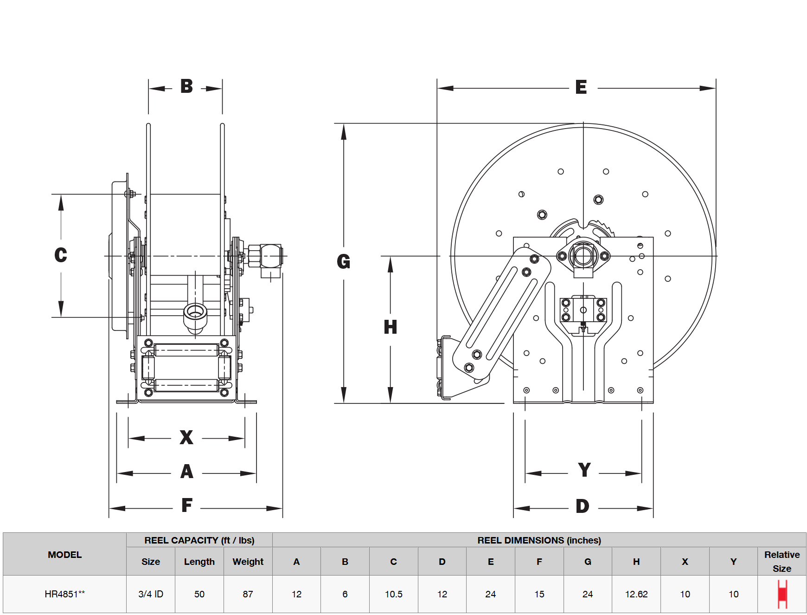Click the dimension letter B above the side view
coord(186,86)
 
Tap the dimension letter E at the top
coord(581,87)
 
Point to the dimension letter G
coord(344,262)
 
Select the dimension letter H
coord(391,327)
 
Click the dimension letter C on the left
coord(61,255)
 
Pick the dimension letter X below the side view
coord(186,437)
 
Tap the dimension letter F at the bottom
coord(187,505)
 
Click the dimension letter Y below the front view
coord(584,470)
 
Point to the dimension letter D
coord(583,506)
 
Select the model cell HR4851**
coord(65,594)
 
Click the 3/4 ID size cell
coord(151,594)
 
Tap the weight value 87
coord(248,594)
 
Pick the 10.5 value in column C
coord(394,594)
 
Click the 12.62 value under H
coord(636,594)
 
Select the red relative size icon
coord(782,594)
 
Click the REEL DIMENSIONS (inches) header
coord(539,540)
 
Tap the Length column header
coord(199,562)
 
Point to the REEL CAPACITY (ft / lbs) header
coord(199,540)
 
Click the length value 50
coord(199,594)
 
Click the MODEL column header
coord(65,555)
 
